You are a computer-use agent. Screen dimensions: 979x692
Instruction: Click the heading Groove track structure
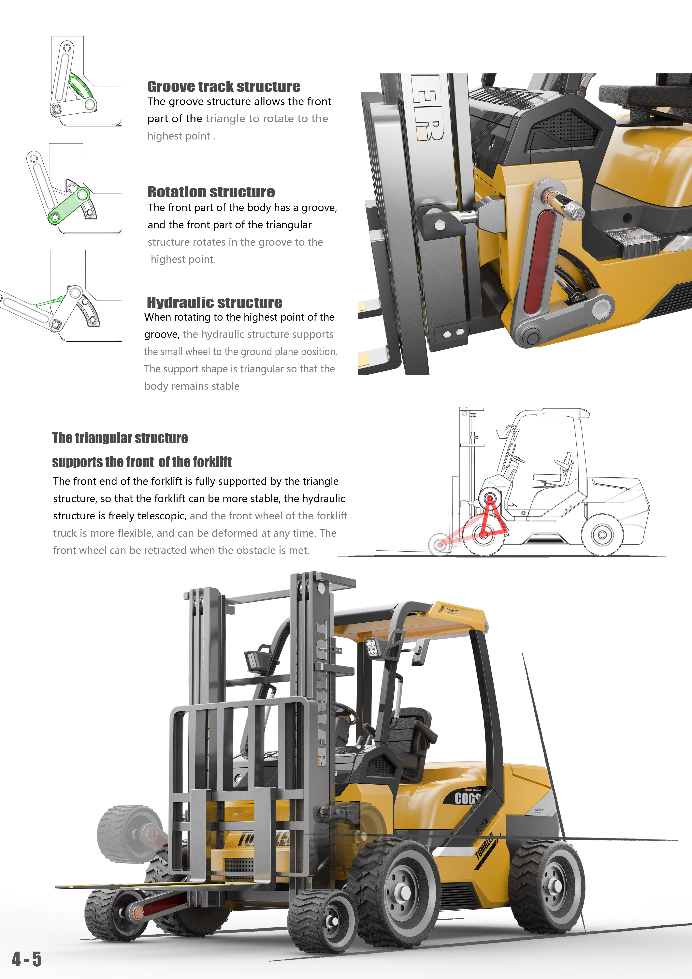tap(224, 87)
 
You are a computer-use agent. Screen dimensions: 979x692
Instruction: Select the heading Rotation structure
tap(211, 192)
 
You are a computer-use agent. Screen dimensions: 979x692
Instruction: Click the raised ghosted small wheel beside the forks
tap(123, 834)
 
